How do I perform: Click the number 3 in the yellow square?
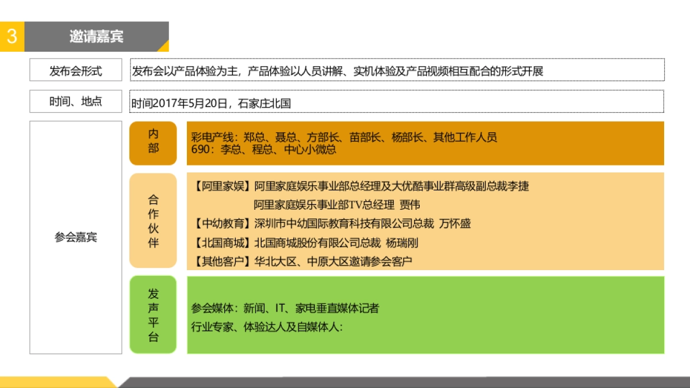coord(11,37)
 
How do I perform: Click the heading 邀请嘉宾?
coord(97,37)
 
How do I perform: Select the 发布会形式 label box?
coord(75,71)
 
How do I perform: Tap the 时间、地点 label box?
coord(75,102)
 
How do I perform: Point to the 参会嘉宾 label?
coord(75,237)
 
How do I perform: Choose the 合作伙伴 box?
coord(153,221)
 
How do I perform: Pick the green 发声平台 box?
coord(153,315)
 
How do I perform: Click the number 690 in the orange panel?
coord(200,149)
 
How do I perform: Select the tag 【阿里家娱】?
coord(222,186)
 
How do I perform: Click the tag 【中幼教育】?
coord(222,224)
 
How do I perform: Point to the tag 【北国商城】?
coord(222,243)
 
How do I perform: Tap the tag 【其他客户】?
coord(222,262)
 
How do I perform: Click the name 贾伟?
coord(410,205)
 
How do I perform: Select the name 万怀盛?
coord(455,224)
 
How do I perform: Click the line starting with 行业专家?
coord(267,327)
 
